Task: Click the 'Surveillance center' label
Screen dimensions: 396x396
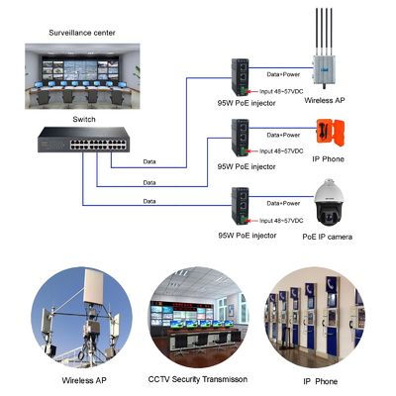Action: (x=82, y=33)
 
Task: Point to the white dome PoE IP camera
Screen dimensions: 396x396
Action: (x=327, y=202)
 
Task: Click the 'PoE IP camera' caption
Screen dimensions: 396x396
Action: (x=327, y=237)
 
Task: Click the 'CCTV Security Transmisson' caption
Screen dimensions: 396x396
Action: (x=197, y=379)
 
